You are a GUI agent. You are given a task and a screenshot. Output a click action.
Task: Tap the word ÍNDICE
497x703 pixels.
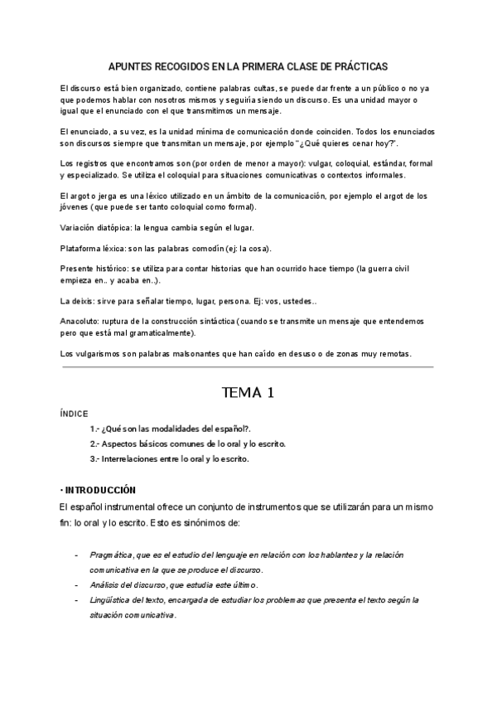coord(74,413)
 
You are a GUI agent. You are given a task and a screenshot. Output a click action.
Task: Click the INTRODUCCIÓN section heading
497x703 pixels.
coord(100,490)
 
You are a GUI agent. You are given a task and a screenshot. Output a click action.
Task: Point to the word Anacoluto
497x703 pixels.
coord(81,320)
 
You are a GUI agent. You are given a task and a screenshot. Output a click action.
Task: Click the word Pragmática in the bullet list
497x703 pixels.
coord(112,553)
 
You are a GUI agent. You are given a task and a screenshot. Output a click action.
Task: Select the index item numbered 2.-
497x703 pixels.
coord(188,444)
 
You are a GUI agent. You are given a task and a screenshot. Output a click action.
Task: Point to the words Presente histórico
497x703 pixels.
coord(93,270)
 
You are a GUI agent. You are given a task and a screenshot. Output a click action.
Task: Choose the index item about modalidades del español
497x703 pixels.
coord(171,429)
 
